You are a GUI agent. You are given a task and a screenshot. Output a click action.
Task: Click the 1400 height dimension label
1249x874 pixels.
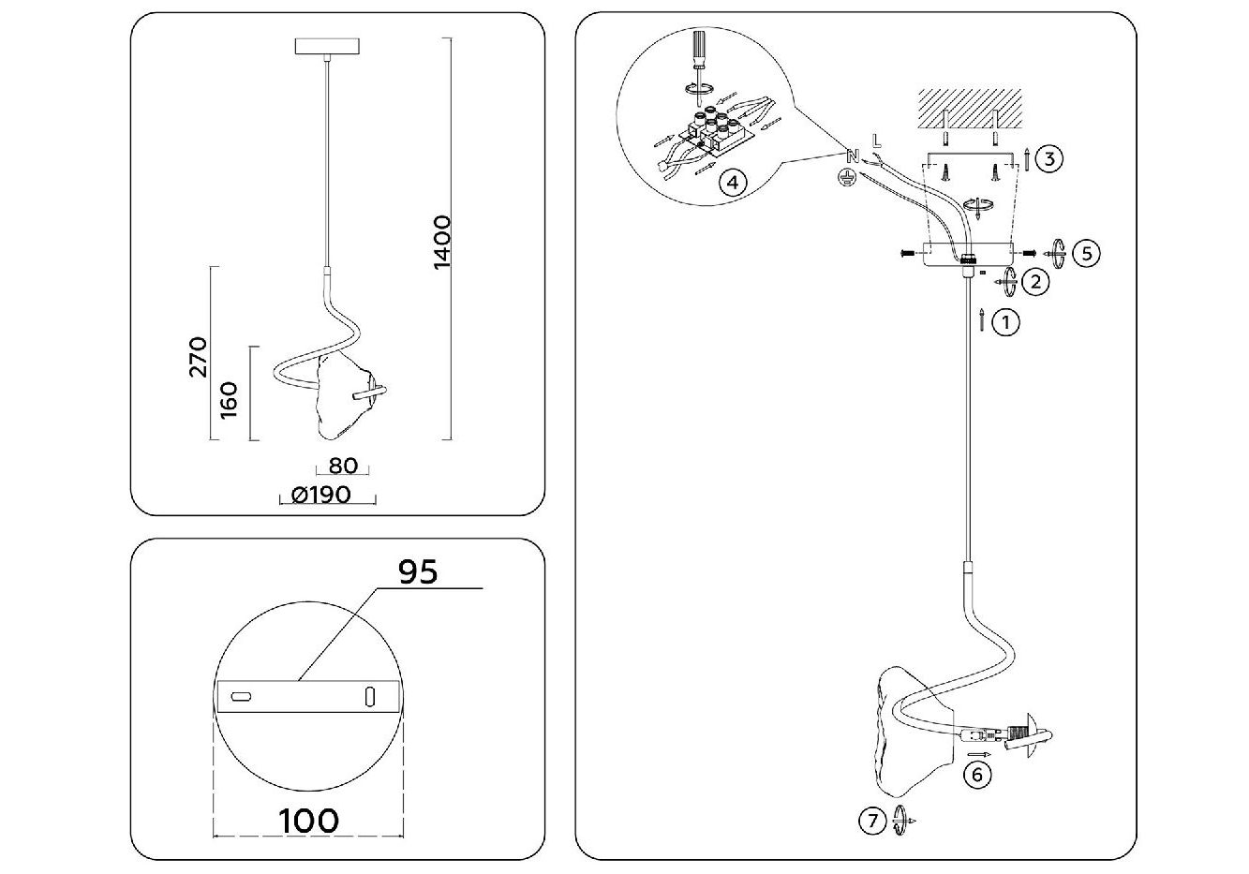[442, 243]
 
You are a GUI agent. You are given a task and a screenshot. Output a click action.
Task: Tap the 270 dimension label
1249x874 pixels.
[198, 357]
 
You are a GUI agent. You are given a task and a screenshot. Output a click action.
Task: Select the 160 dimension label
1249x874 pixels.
[229, 401]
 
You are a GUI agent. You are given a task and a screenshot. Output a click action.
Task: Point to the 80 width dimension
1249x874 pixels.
[342, 466]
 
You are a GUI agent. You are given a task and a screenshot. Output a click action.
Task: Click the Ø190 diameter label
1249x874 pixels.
[321, 495]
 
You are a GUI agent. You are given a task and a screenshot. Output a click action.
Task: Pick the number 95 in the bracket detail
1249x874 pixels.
[418, 571]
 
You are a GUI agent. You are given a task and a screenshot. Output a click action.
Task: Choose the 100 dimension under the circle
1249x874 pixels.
[308, 821]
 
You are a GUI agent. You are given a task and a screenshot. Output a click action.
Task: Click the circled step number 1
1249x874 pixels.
[1006, 322]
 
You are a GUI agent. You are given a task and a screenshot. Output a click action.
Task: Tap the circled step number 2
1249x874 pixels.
[1035, 282]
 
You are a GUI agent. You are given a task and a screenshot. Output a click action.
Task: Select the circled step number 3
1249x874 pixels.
[1049, 159]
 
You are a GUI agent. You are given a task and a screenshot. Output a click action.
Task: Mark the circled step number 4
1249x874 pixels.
[733, 183]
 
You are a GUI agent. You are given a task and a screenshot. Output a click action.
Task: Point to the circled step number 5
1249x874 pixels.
[1087, 254]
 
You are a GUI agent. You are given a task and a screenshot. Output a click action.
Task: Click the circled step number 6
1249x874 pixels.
[977, 775]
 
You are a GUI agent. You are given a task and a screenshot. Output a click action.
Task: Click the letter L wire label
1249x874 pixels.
[877, 141]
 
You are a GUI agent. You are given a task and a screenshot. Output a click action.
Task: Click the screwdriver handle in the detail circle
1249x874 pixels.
[698, 48]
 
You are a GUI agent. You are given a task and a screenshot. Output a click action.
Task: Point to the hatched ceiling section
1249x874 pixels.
[970, 108]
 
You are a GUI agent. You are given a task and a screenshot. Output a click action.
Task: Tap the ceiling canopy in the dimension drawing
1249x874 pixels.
[327, 46]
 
